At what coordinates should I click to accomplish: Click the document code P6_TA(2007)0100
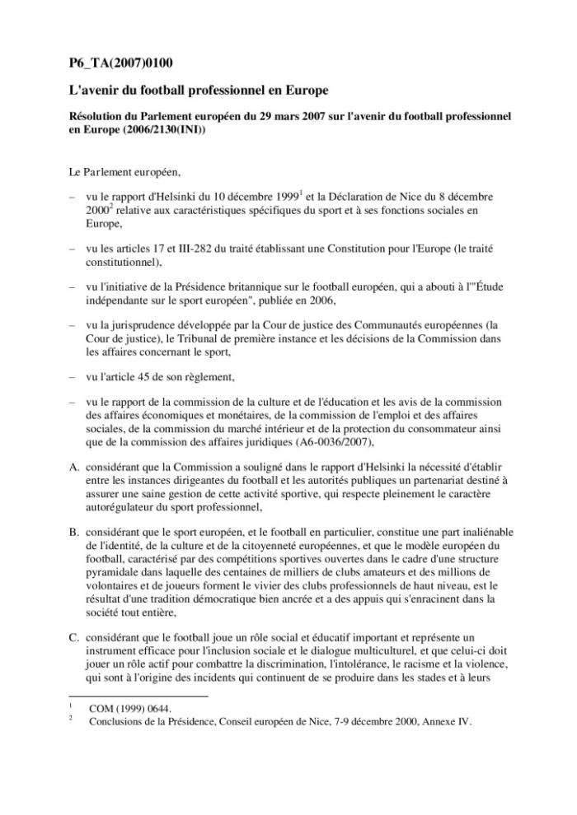tap(120, 63)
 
